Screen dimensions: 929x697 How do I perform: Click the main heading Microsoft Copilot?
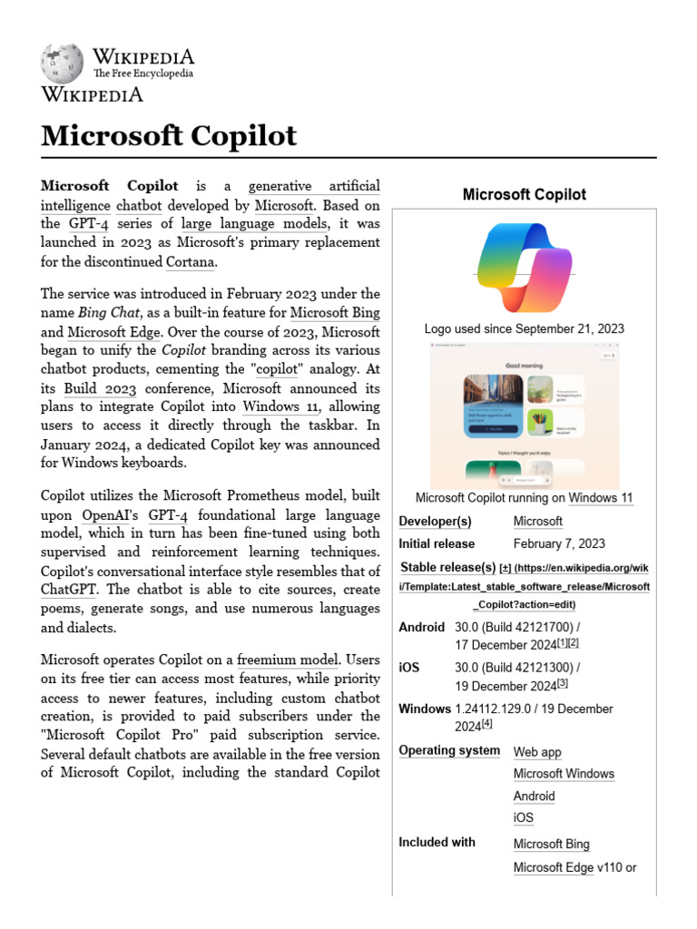point(169,135)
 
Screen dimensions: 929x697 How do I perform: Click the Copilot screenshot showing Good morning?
point(524,416)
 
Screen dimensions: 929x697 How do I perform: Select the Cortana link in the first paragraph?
point(191,263)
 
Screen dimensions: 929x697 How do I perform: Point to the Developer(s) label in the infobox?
point(435,521)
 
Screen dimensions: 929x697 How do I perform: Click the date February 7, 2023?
point(558,543)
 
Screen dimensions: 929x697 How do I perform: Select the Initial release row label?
point(437,543)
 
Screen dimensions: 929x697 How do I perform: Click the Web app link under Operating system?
point(537,751)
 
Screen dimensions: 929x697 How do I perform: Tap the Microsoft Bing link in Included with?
point(551,844)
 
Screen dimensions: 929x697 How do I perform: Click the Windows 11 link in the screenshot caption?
point(600,497)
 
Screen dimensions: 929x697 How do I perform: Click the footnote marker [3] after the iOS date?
point(563,683)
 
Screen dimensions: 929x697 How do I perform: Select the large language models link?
point(253,223)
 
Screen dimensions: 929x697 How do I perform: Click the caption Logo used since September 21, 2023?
point(524,328)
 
